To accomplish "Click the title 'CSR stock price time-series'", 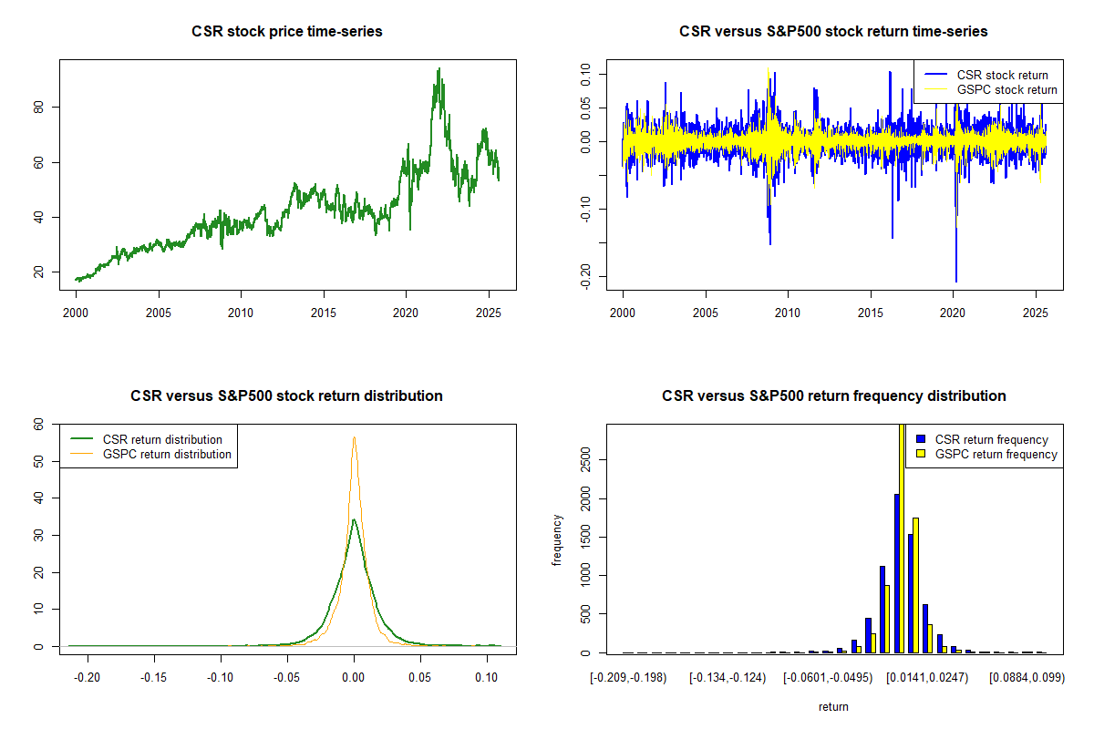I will pyautogui.click(x=287, y=32).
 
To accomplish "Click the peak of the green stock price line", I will pyautogui.click(x=439, y=68).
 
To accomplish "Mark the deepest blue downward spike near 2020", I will pyautogui.click(x=956, y=282).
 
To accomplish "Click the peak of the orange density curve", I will pyautogui.click(x=354, y=437).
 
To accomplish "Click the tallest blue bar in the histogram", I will pyautogui.click(x=897, y=574).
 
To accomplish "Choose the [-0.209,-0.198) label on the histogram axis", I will pyautogui.click(x=629, y=678).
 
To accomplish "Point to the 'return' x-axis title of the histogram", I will pyautogui.click(x=833, y=706).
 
